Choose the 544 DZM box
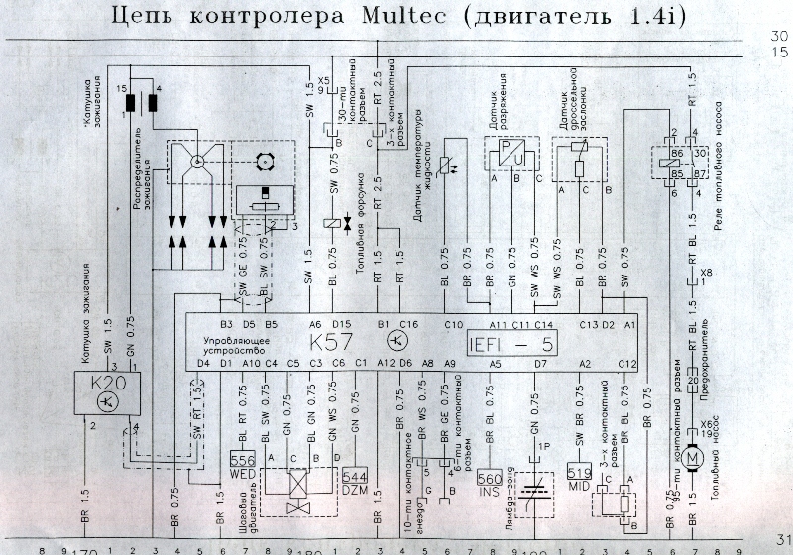click(x=354, y=481)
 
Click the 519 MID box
click(x=580, y=472)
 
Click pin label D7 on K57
click(x=540, y=364)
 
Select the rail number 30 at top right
click(x=779, y=37)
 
